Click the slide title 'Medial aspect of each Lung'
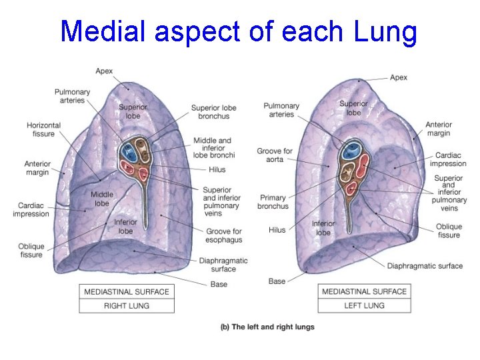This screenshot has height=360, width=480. [238, 31]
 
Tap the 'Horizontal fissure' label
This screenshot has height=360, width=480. [43, 129]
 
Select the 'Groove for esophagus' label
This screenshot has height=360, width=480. [223, 235]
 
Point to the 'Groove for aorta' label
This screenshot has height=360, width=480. [275, 155]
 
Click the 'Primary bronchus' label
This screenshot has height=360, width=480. [273, 201]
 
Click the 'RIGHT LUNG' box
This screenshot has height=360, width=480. [127, 305]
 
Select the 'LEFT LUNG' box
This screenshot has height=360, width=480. [364, 305]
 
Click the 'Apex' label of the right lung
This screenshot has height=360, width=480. [104, 71]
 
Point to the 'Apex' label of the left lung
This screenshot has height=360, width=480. [399, 77]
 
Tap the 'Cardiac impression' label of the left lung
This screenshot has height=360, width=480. [448, 159]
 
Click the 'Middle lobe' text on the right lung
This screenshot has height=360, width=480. [101, 199]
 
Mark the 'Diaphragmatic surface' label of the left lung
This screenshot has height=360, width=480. [425, 266]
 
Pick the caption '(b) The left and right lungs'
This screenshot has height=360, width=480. [267, 327]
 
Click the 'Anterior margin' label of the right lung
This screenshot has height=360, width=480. [37, 168]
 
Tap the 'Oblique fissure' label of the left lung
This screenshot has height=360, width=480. [449, 231]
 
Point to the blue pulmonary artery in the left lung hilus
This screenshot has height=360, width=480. [349, 151]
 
